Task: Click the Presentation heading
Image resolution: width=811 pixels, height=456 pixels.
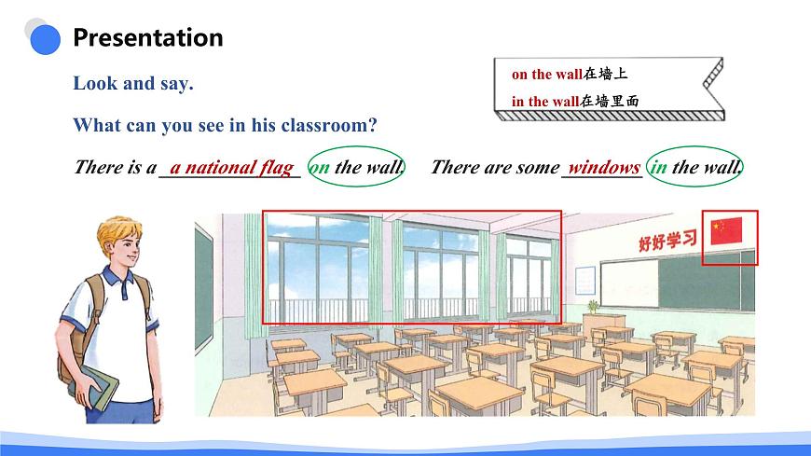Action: pos(147,38)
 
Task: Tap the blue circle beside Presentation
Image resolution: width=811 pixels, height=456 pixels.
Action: pos(44,38)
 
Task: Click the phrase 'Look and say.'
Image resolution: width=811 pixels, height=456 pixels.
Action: pos(133,83)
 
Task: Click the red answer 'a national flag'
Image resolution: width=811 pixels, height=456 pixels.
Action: pos(231,168)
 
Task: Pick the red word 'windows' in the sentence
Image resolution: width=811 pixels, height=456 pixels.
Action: pos(604,168)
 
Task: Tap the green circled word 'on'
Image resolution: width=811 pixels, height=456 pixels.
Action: pos(320,168)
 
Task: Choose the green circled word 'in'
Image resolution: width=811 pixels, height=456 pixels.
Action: pos(658,168)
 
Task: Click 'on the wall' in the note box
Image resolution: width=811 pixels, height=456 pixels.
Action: pos(545,74)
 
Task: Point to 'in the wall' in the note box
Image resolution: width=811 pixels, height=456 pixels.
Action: pos(545,102)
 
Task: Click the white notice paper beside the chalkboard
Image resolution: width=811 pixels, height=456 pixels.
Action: pos(584,281)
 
